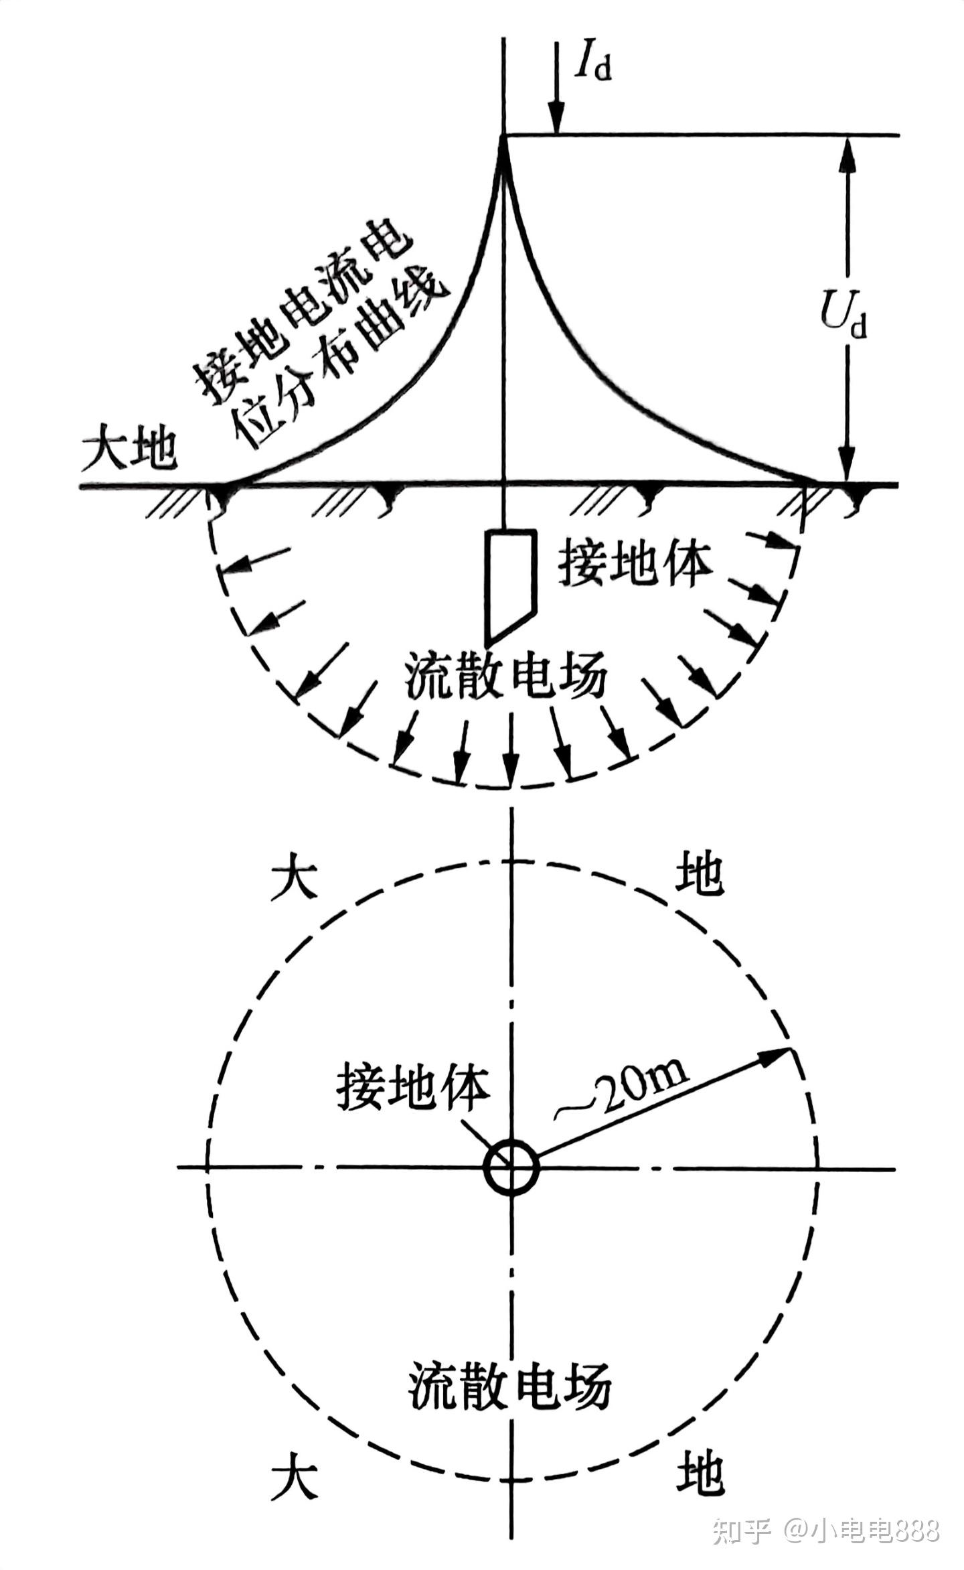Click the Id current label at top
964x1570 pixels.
pyautogui.click(x=593, y=62)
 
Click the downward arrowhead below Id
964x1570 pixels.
pyautogui.click(x=555, y=121)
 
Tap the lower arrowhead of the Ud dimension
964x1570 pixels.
pyautogui.click(x=848, y=465)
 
